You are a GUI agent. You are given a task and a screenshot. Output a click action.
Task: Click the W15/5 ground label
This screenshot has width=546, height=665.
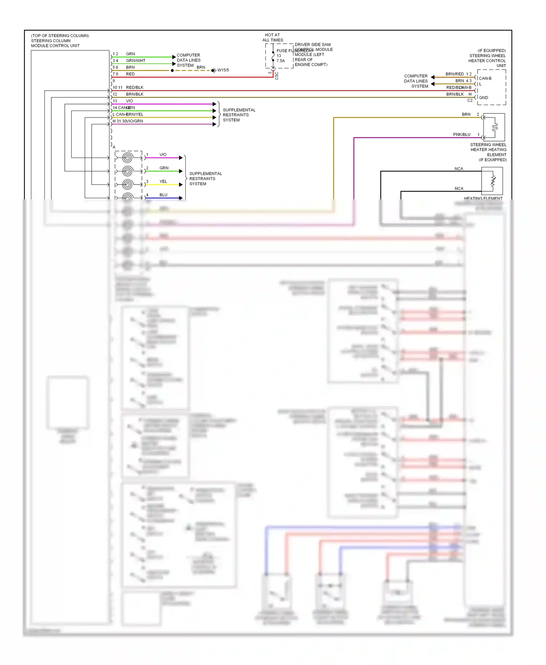[223, 70]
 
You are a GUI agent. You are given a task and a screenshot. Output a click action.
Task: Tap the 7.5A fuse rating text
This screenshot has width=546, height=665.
[281, 61]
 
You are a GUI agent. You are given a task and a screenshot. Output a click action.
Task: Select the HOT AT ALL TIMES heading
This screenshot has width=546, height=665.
[273, 37]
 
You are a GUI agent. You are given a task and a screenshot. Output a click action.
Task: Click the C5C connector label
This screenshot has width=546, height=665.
[277, 76]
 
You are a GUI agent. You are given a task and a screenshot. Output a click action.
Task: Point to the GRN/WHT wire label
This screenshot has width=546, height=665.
[135, 60]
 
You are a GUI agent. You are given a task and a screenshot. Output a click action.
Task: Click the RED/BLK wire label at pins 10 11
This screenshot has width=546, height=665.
[135, 87]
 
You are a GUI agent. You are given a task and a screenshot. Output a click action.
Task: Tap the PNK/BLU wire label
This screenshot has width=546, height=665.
[462, 135]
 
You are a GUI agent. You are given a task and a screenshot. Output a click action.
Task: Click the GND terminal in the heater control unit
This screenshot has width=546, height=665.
[483, 97]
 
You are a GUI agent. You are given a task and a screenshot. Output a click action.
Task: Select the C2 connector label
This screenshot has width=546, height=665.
[470, 100]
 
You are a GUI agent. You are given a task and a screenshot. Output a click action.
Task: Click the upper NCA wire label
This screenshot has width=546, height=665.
[459, 169]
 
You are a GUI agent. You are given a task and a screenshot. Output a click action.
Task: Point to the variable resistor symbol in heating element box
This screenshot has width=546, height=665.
[493, 181]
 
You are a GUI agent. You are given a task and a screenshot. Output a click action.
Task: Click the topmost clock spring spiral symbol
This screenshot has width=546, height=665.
[127, 158]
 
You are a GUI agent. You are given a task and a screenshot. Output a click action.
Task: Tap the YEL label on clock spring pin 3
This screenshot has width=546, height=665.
[163, 182]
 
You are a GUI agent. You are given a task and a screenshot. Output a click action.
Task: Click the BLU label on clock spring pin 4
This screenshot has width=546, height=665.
[163, 195]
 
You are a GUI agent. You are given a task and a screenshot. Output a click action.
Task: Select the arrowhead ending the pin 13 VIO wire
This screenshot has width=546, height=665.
[214, 104]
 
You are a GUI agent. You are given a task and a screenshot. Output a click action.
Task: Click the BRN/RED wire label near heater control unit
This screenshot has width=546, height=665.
[455, 74]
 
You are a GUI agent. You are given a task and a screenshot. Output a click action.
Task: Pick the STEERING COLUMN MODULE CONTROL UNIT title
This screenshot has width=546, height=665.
[55, 43]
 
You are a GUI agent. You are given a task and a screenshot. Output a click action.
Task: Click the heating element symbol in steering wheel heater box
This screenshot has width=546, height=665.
[495, 127]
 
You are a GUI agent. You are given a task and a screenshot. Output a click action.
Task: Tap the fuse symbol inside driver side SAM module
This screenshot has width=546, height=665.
[273, 56]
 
